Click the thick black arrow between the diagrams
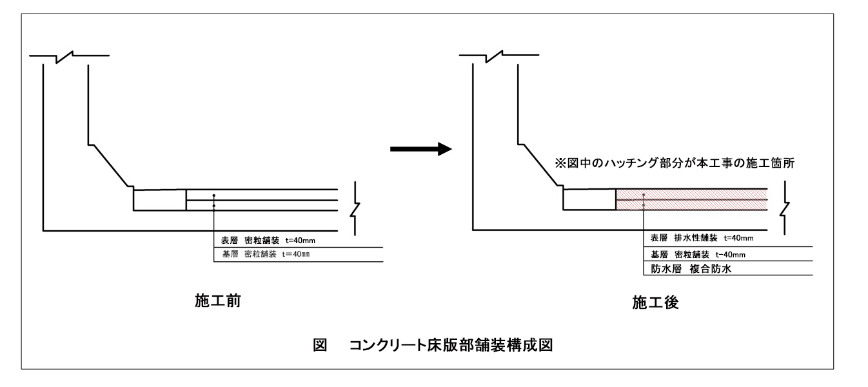tap(420, 149)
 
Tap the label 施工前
tap(218, 301)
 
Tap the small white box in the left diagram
tap(159, 199)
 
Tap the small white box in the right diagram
tap(589, 199)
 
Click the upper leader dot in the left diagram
tap(213, 195)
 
